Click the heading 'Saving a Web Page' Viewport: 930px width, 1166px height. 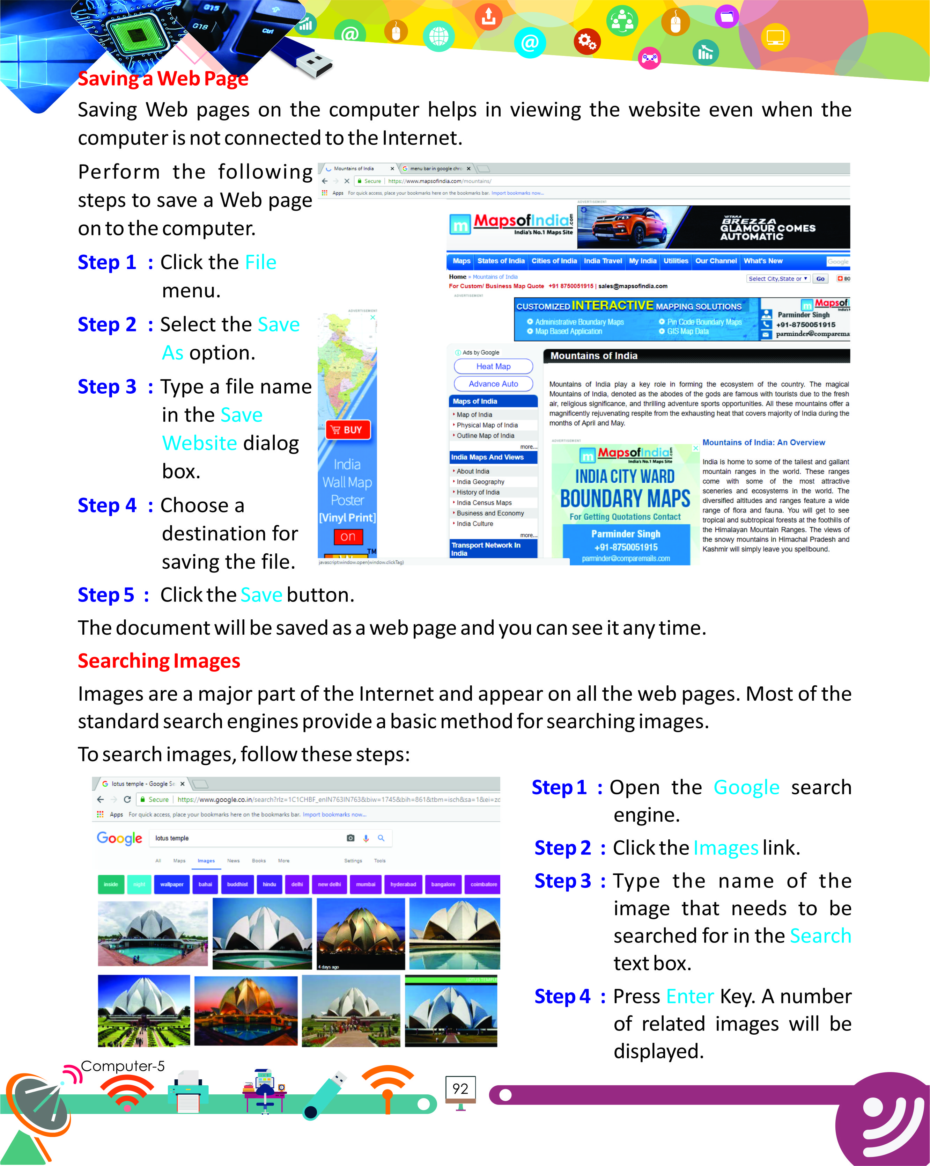coord(163,79)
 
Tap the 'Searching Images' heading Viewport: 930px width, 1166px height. coord(159,661)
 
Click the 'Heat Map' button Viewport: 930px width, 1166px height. coord(493,366)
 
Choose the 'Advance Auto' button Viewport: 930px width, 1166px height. coord(493,384)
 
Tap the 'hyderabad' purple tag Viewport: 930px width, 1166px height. coord(403,884)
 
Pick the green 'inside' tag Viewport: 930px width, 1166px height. coord(111,884)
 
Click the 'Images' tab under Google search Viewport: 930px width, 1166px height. coord(206,860)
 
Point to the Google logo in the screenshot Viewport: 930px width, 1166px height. coord(119,838)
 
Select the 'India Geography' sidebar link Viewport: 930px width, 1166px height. coord(480,482)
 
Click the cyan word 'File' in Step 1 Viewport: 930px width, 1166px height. coord(260,262)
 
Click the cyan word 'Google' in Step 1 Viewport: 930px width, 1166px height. coord(746,787)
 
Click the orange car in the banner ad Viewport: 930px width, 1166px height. coord(632,227)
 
